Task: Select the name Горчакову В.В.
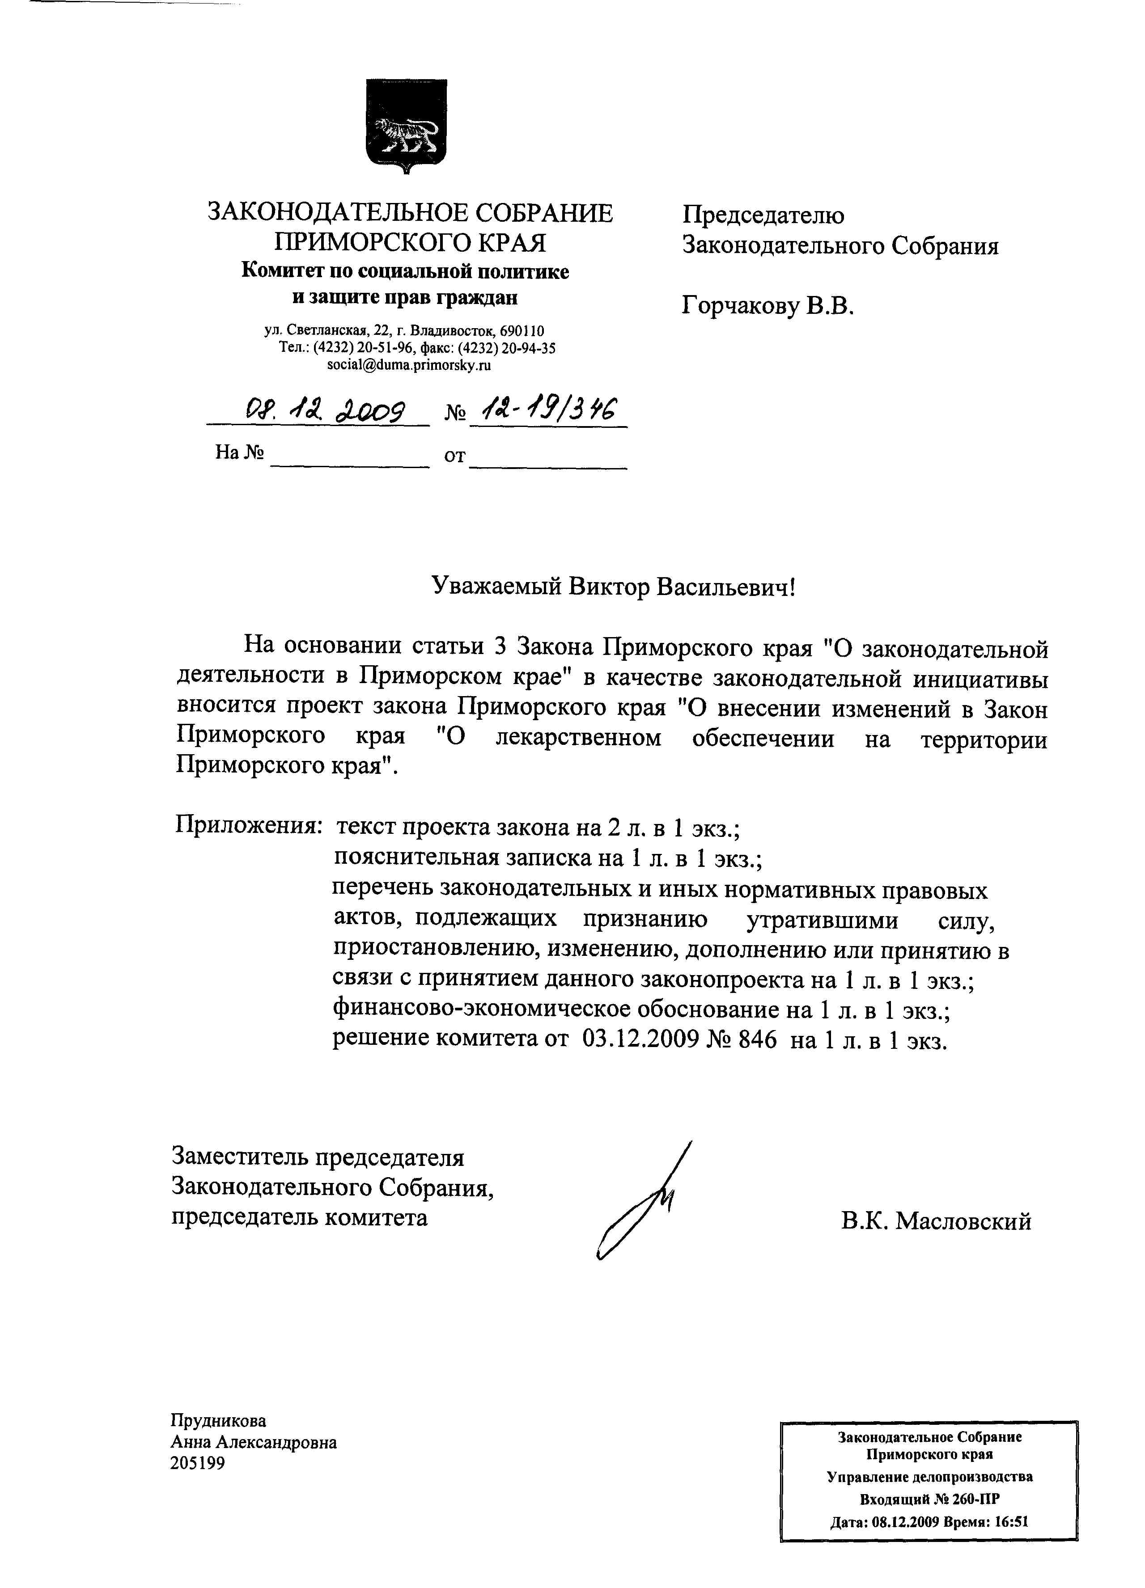(x=768, y=306)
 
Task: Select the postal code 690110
(x=522, y=330)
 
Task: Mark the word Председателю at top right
(x=763, y=215)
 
